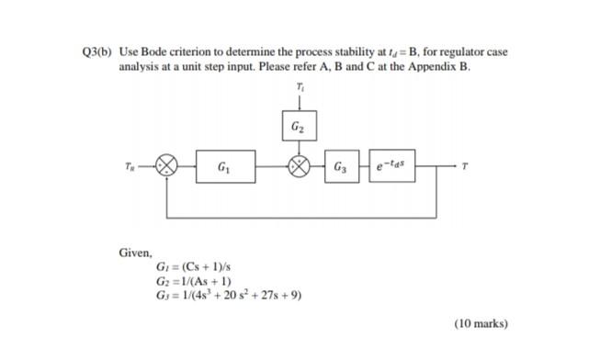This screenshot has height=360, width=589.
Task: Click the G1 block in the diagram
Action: point(226,168)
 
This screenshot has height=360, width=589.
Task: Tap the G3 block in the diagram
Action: point(341,168)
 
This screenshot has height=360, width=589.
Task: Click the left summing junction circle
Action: point(165,168)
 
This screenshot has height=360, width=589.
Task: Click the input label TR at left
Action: point(141,168)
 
